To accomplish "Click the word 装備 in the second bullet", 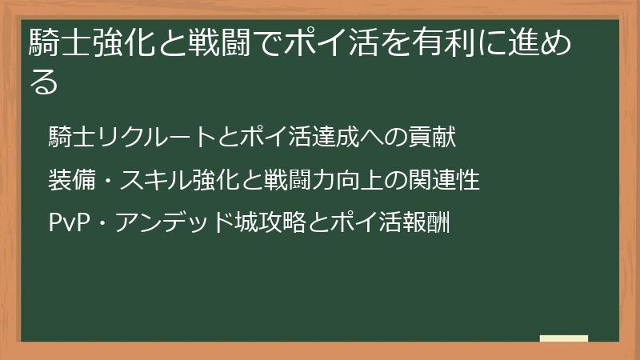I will [70, 180].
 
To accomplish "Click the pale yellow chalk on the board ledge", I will [563, 338].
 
